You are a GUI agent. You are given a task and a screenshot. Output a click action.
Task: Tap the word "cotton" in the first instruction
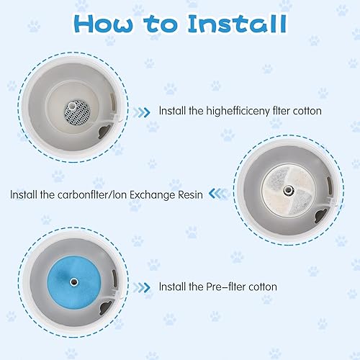pos(305,112)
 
